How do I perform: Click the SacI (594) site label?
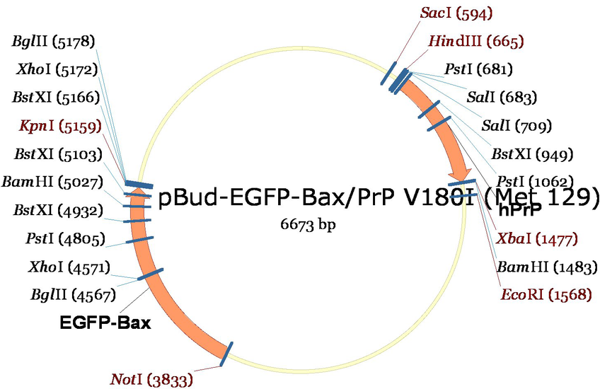click(x=456, y=13)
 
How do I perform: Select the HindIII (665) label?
click(x=476, y=41)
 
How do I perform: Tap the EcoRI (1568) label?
click(x=546, y=294)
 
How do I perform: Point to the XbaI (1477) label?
click(x=536, y=239)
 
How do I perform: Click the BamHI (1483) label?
click(x=547, y=267)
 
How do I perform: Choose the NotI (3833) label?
click(x=151, y=379)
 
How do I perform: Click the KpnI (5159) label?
click(x=60, y=126)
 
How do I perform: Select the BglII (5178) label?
click(x=53, y=41)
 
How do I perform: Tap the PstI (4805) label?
click(x=65, y=239)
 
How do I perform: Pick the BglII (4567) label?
click(x=73, y=295)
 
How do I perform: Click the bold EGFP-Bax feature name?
click(x=105, y=323)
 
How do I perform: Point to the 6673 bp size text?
click(x=308, y=224)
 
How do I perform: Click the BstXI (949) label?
click(x=532, y=154)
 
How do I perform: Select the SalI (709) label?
click(x=517, y=126)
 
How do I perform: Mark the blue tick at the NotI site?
click(x=226, y=354)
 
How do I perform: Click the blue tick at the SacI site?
click(x=388, y=73)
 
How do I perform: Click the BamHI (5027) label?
click(x=52, y=182)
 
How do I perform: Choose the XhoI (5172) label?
click(x=57, y=69)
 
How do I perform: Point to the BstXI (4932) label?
click(x=58, y=210)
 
